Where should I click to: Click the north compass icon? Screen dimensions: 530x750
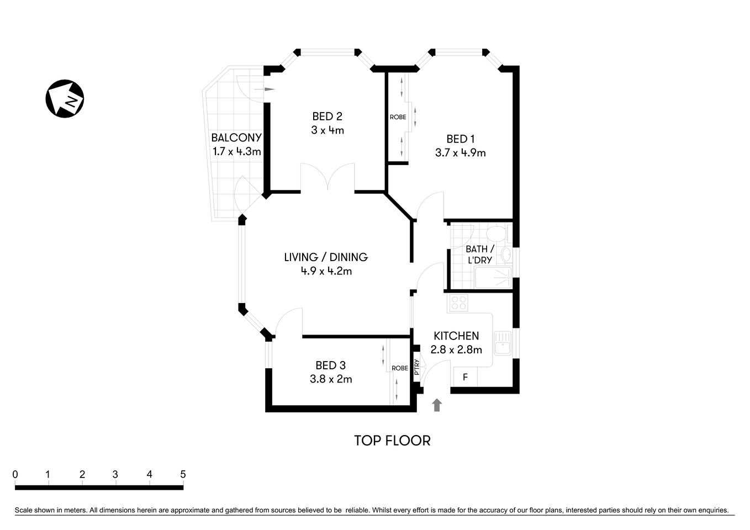[x=64, y=98]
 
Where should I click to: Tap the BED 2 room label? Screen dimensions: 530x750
[x=327, y=116]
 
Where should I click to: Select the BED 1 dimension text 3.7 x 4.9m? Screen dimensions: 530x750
[x=460, y=153]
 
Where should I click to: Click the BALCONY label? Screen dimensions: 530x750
[x=236, y=137]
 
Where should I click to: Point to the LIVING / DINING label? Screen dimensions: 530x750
[x=326, y=257]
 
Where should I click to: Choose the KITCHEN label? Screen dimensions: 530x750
[x=456, y=336]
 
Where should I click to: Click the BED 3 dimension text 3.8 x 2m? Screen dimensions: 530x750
[x=331, y=379]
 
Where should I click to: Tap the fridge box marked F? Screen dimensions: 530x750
[x=465, y=378]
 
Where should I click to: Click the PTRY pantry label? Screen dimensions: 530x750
[x=417, y=368]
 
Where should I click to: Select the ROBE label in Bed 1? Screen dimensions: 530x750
[x=398, y=117]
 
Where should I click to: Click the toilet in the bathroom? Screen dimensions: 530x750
[x=498, y=234]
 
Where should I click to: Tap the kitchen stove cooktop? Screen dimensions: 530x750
[x=459, y=303]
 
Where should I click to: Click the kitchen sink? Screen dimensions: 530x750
[x=503, y=342]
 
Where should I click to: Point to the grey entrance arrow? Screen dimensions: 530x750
[x=437, y=405]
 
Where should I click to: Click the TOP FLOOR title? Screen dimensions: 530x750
[x=392, y=441]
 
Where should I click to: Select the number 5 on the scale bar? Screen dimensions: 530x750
[x=183, y=474]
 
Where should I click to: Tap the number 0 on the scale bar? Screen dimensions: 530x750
[x=15, y=474]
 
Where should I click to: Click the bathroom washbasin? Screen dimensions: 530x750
[x=506, y=255]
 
